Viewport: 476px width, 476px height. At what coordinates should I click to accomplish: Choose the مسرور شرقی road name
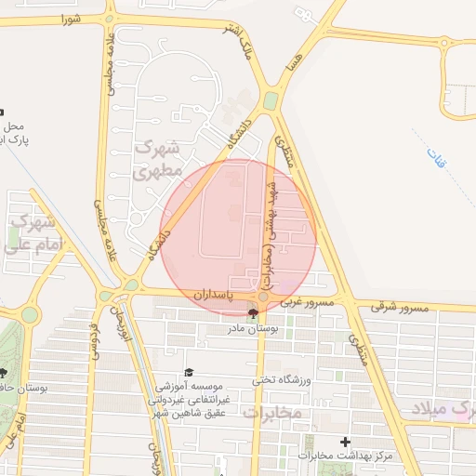pyautogui.click(x=399, y=306)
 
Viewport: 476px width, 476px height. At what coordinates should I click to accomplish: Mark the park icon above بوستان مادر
pyautogui.click(x=253, y=313)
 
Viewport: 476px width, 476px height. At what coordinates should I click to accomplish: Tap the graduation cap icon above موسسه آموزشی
pyautogui.click(x=189, y=371)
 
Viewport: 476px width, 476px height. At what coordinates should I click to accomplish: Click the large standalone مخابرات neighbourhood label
pyautogui.click(x=272, y=412)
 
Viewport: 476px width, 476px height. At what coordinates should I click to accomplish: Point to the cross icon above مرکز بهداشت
pyautogui.click(x=346, y=442)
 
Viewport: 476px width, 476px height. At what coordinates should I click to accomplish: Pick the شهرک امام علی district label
pyautogui.click(x=30, y=234)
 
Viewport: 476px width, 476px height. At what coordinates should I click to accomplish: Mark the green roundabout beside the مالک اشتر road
pyautogui.click(x=270, y=100)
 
